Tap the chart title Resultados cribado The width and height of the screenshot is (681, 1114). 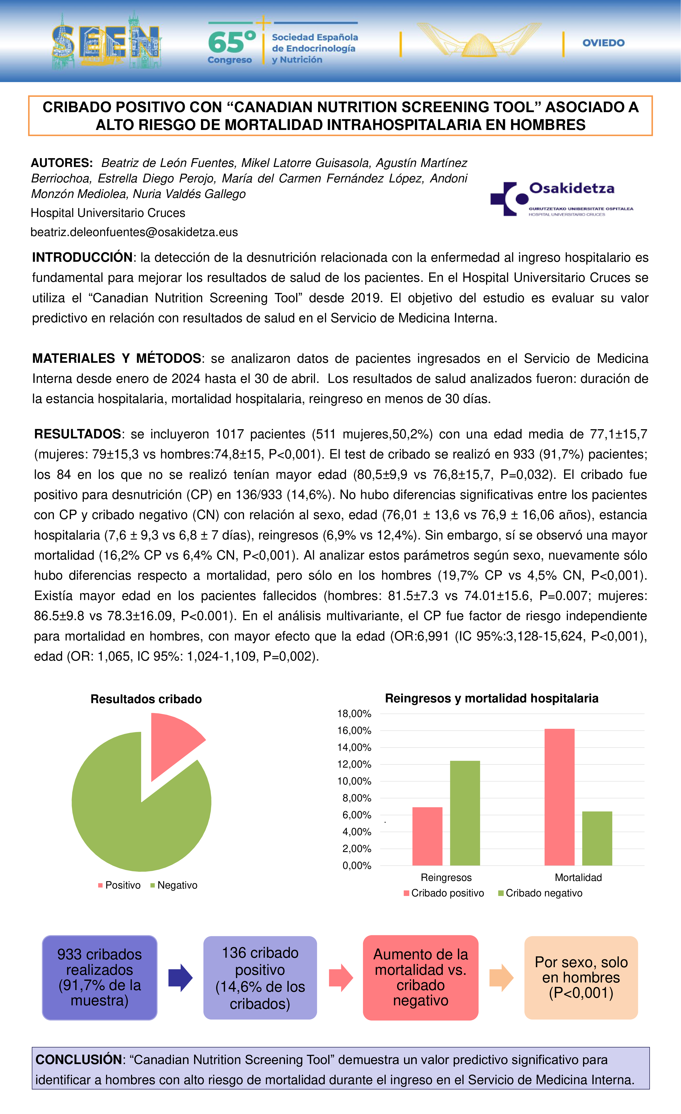[x=146, y=699]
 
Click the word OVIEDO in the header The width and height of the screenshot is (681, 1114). [x=603, y=43]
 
